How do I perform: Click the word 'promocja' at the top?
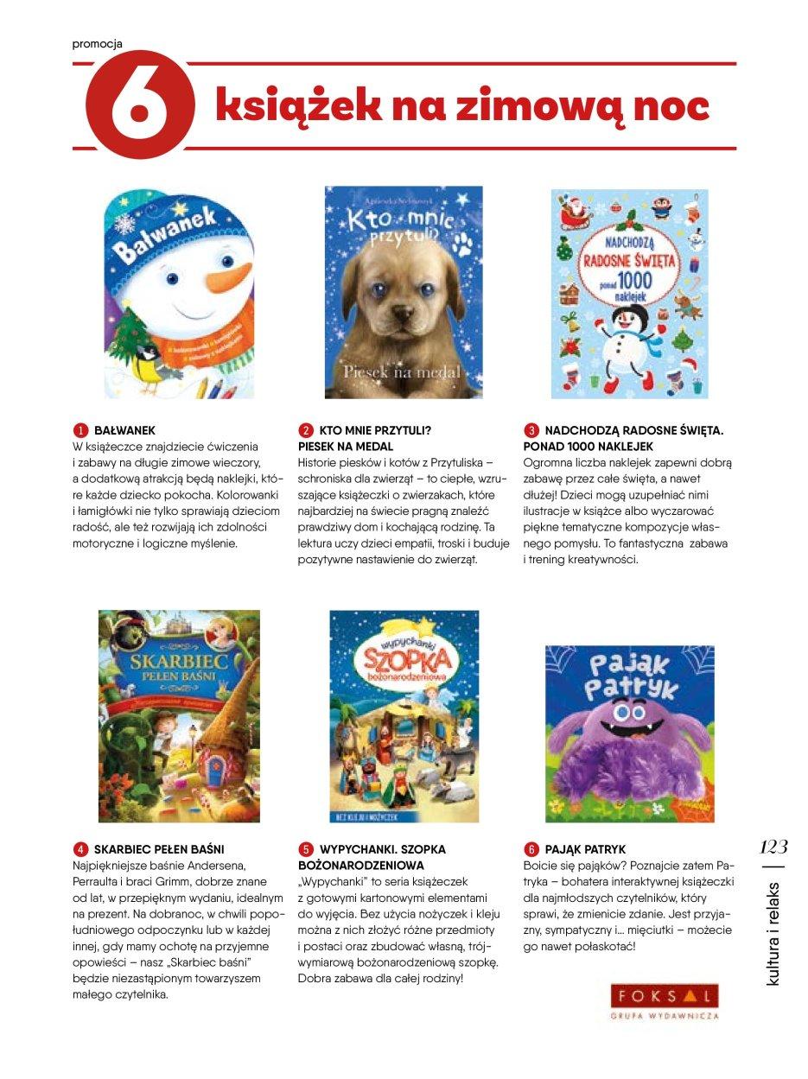pyautogui.click(x=97, y=43)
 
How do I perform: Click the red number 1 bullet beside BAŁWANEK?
pyautogui.click(x=80, y=429)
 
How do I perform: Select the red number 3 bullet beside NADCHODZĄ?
pyautogui.click(x=531, y=429)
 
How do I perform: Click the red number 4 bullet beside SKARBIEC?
pyautogui.click(x=80, y=849)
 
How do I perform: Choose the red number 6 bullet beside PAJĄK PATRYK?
pyautogui.click(x=531, y=849)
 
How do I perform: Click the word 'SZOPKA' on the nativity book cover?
pyautogui.click(x=403, y=663)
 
